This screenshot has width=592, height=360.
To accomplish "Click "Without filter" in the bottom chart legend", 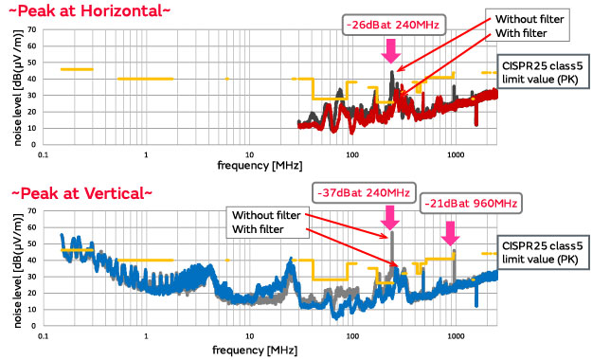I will (270, 214).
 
